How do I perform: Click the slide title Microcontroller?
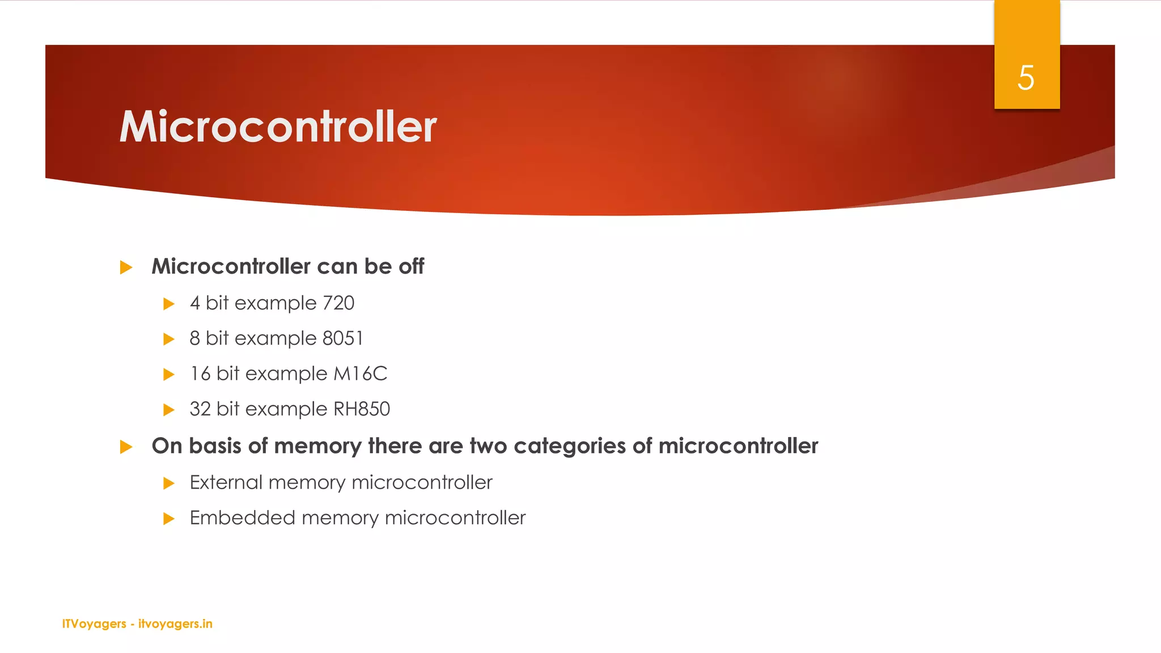click(x=278, y=126)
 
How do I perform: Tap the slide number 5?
click(x=1026, y=78)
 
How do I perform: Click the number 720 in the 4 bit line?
click(x=338, y=303)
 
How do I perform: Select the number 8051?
click(x=342, y=338)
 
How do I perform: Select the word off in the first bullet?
click(x=411, y=266)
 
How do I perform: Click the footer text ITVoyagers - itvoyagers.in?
click(x=137, y=624)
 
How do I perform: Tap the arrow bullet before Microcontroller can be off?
click(x=126, y=268)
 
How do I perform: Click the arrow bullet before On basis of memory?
click(x=126, y=447)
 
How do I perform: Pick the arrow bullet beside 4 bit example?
click(x=168, y=304)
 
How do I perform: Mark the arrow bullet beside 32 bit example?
click(x=168, y=410)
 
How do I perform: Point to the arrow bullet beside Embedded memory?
click(x=168, y=519)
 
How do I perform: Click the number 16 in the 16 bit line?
click(x=200, y=374)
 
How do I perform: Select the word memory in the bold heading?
click(x=317, y=446)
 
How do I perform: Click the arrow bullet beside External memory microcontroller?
click(x=168, y=484)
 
